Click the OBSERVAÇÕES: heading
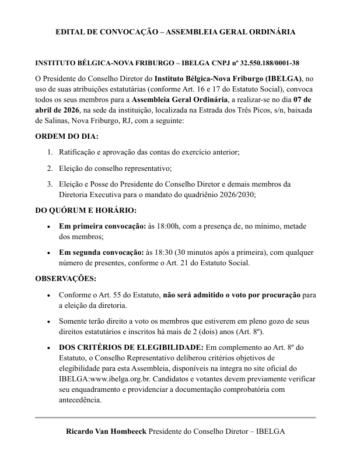coord(66,278)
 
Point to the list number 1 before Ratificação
coord(50,152)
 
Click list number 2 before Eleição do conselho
coord(50,169)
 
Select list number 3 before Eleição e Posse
coord(50,184)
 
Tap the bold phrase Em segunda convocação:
coord(100,252)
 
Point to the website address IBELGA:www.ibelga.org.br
coord(106,379)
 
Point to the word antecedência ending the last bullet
coord(80,400)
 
